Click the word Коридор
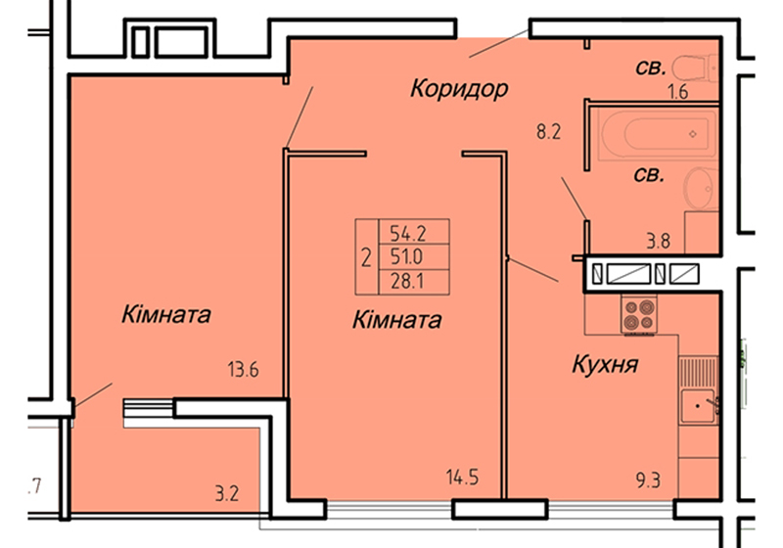[x=459, y=89]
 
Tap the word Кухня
[x=605, y=364]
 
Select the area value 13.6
[x=243, y=370]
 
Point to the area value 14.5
[x=462, y=478]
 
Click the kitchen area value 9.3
[x=648, y=480]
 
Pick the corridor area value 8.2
[x=549, y=132]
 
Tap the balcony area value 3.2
[x=227, y=493]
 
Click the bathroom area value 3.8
[x=659, y=242]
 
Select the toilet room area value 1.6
[x=678, y=92]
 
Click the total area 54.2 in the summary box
[x=407, y=233]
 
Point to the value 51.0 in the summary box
[x=406, y=257]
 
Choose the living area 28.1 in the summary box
[x=407, y=281]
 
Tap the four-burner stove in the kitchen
[x=639, y=313]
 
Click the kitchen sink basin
[x=698, y=406]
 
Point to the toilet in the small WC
[x=695, y=68]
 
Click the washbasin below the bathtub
[x=702, y=188]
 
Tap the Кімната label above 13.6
[x=166, y=315]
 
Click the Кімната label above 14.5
[x=397, y=320]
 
